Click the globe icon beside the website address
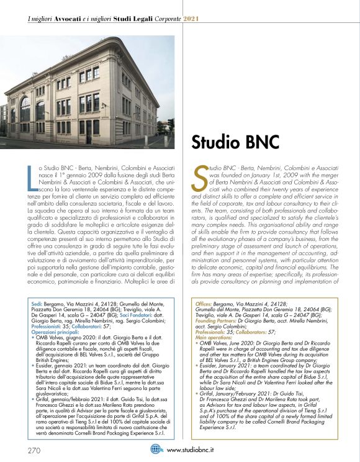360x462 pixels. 156,450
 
